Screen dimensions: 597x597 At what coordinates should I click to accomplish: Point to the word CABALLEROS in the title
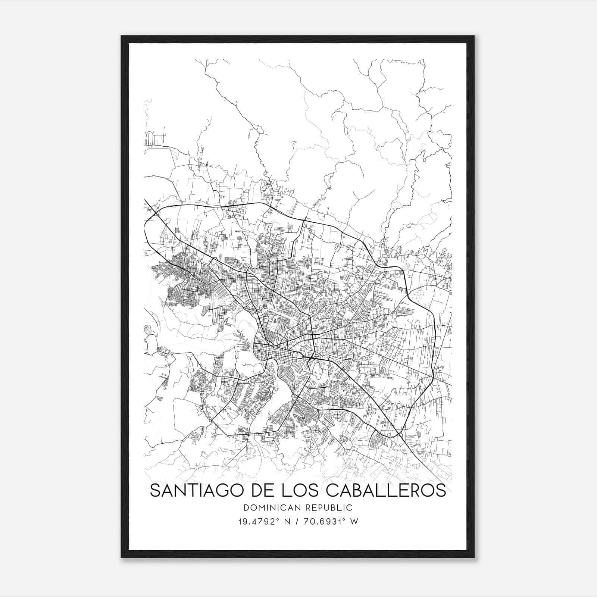click(386, 490)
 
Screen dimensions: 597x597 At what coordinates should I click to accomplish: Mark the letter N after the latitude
click(287, 522)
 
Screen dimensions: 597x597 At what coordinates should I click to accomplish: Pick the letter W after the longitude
click(354, 522)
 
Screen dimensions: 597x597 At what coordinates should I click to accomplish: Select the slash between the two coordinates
click(298, 522)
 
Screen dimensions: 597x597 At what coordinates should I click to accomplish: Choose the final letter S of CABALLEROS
click(441, 490)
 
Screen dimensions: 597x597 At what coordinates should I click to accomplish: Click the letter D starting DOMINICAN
click(246, 507)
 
